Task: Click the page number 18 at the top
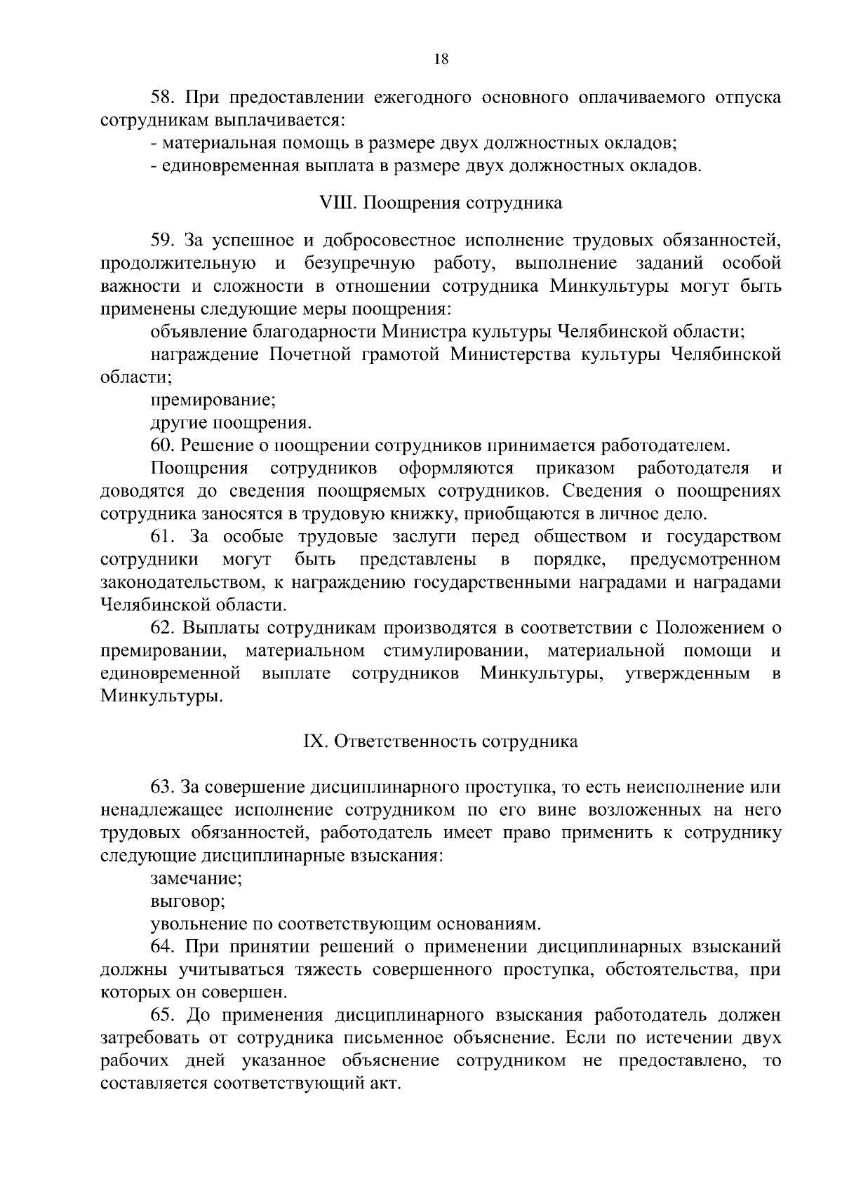coord(441,60)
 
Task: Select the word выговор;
coord(187,901)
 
